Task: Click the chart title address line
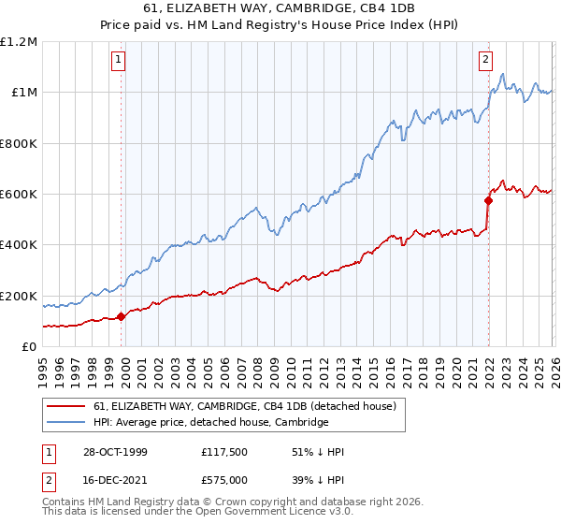280,9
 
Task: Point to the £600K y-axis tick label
19,195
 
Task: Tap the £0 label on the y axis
30,347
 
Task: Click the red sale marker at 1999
122,316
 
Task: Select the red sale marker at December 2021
488,200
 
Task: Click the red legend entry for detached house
245,406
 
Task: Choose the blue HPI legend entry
210,422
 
